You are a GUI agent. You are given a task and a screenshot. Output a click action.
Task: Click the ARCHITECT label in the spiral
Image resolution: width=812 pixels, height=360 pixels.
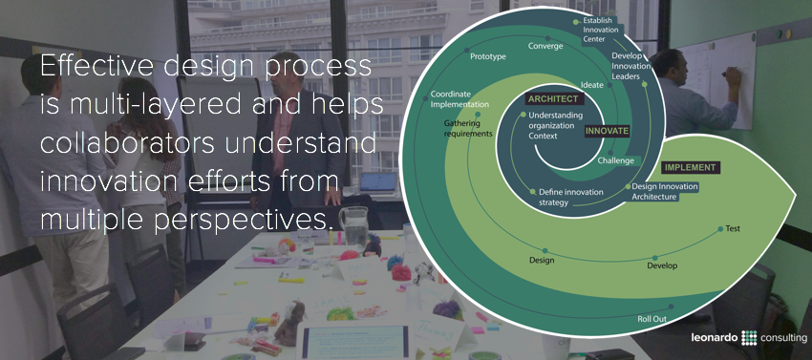[x=553, y=98]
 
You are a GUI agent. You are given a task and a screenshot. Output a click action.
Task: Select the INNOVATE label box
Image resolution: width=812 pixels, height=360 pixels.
[x=607, y=131]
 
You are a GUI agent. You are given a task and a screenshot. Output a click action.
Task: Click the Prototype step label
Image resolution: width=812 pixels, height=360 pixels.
[x=487, y=57]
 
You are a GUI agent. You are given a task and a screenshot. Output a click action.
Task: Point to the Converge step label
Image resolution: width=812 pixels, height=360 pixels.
[x=545, y=45]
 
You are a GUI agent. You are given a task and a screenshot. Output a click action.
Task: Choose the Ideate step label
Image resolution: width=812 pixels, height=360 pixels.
[x=592, y=86]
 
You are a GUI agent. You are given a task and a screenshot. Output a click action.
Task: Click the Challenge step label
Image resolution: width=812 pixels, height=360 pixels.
[x=615, y=160]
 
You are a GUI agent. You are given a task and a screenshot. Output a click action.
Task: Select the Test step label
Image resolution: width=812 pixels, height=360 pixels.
[x=733, y=229]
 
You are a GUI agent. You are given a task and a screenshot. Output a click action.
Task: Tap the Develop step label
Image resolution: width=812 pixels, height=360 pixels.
[x=662, y=265]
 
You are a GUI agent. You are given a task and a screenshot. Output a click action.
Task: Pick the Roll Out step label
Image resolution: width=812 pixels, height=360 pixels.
[x=652, y=318]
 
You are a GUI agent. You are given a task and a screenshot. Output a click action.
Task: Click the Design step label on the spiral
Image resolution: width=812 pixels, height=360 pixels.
[x=542, y=261]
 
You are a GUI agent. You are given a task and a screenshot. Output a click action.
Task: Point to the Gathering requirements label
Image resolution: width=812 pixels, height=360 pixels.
[x=468, y=128]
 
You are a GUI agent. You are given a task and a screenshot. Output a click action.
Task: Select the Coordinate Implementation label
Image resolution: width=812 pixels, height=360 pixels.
[x=459, y=99]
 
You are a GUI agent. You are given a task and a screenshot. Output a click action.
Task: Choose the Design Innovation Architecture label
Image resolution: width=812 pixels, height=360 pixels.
[x=665, y=191]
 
